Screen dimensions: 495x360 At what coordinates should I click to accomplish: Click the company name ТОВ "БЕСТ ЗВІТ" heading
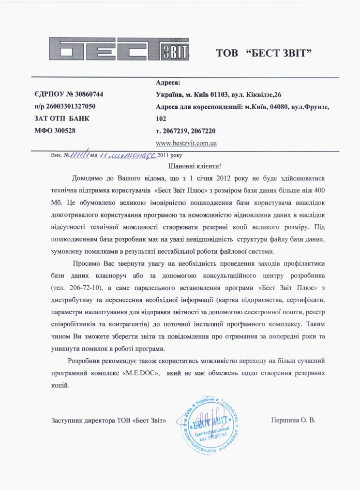click(x=263, y=53)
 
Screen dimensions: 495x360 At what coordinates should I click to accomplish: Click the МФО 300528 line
click(x=55, y=130)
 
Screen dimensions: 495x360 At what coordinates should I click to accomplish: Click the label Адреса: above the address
click(x=168, y=83)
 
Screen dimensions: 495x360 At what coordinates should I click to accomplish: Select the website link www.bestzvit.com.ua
click(x=186, y=143)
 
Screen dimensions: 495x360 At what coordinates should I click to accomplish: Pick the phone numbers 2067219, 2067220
click(x=186, y=131)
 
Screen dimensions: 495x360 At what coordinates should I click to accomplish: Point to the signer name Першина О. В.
click(x=293, y=420)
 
